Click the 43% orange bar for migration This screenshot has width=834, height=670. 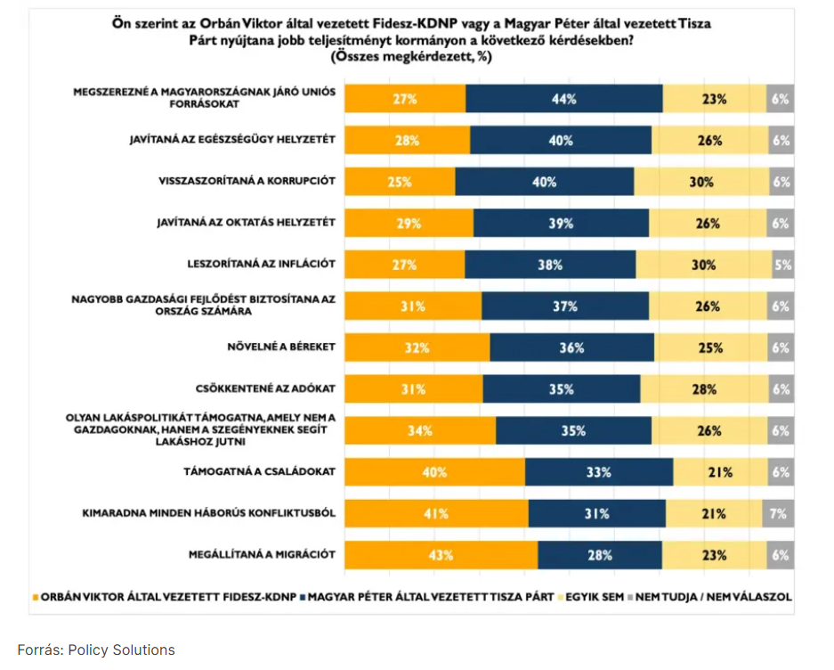[441, 554]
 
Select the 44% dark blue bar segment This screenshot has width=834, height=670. [564, 99]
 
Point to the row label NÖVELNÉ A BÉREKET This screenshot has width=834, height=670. [279, 347]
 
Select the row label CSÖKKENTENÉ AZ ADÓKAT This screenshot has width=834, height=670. [265, 388]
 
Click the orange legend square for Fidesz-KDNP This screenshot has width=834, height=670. [36, 596]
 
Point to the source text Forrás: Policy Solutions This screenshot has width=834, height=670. [96, 650]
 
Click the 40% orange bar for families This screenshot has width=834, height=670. [434, 472]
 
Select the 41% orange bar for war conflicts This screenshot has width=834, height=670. [436, 513]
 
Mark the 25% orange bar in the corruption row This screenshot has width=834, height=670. [400, 182]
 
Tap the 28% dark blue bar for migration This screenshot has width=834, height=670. [600, 554]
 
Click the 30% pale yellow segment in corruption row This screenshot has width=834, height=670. [701, 182]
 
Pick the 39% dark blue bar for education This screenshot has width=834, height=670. [561, 224]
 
